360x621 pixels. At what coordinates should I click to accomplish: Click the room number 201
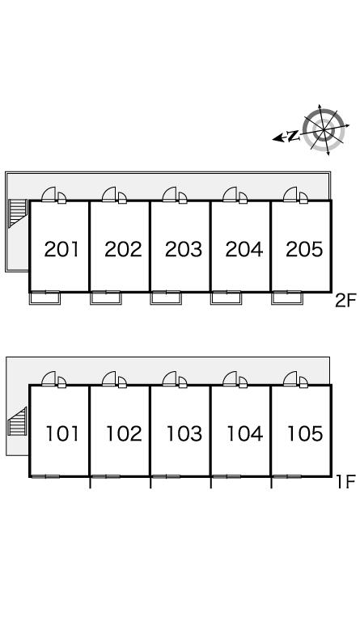(x=61, y=249)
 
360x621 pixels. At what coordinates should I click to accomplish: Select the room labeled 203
(x=184, y=249)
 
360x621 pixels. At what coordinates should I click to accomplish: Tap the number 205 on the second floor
(x=304, y=249)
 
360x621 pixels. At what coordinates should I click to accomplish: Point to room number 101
(x=62, y=433)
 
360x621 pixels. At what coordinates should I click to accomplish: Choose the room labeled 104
(x=244, y=433)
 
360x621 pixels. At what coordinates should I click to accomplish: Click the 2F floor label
(x=345, y=301)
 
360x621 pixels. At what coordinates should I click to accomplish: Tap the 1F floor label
(x=345, y=482)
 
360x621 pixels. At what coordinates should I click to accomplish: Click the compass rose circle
(x=324, y=129)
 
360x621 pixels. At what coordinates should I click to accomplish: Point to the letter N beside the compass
(x=293, y=136)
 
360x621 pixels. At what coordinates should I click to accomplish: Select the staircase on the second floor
(x=18, y=213)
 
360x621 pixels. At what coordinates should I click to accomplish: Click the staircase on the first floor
(x=18, y=421)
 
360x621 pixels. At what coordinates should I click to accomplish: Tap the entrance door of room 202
(x=109, y=194)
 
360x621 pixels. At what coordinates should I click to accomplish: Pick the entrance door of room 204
(x=230, y=194)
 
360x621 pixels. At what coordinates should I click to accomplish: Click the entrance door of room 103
(x=170, y=378)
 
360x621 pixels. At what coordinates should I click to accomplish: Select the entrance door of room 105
(x=290, y=378)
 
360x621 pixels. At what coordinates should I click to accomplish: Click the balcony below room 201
(x=44, y=298)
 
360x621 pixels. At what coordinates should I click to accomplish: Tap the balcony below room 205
(x=287, y=298)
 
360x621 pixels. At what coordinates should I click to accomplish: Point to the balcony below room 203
(x=166, y=298)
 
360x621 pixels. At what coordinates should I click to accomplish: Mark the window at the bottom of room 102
(x=106, y=476)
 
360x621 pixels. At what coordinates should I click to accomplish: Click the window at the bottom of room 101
(x=45, y=476)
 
